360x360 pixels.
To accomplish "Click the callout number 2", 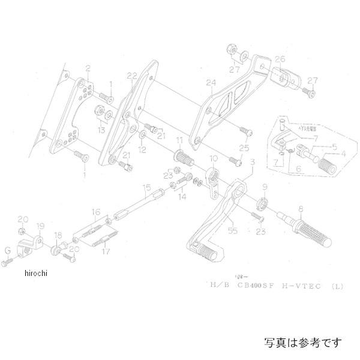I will pos(88,68).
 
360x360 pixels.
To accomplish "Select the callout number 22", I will pos(132,76).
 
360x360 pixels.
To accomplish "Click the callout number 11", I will pos(178,140).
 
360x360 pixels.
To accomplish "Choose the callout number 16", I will pos(95,212).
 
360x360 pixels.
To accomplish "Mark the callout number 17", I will pos(107,252).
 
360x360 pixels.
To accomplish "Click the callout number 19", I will pos(40,226).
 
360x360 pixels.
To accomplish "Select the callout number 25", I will pos(244,148).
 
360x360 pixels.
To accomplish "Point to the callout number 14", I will pos(182,196).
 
